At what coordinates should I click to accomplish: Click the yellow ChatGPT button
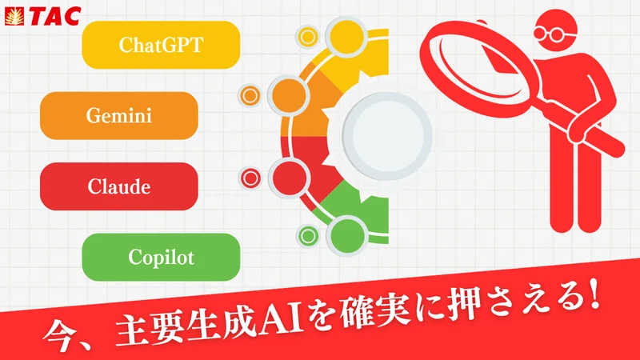coord(161,45)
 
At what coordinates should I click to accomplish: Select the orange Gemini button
coord(118,115)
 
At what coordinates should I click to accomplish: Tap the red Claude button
coord(118,186)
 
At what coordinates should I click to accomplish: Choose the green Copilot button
coord(161,257)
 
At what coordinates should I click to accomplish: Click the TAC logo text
coord(54,16)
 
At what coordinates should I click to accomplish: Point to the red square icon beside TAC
coord(14,17)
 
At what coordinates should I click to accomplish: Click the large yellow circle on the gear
coord(346,37)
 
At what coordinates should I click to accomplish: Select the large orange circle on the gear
coord(289,95)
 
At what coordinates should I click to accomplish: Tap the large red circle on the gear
coord(289,178)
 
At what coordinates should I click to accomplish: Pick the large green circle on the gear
coord(346,236)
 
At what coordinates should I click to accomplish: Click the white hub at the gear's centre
coord(387,136)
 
